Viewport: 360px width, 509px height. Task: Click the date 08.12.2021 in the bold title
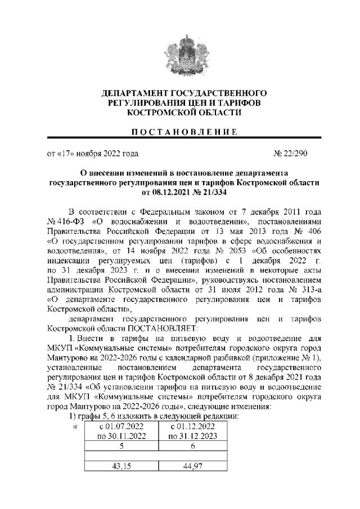click(163, 192)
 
